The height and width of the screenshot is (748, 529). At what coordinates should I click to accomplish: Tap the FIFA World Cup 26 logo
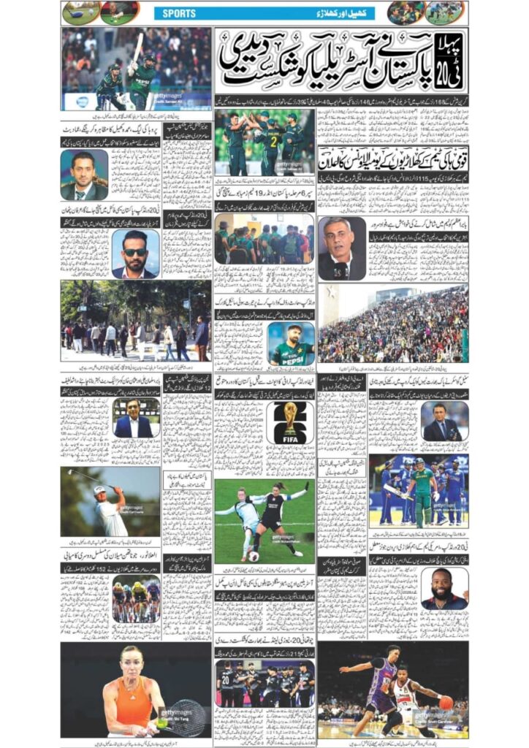pyautogui.click(x=291, y=422)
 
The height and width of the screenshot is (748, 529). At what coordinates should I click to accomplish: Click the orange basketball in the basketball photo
pyautogui.click(x=446, y=702)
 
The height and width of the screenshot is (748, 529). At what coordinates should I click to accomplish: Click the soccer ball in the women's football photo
pyautogui.click(x=254, y=556)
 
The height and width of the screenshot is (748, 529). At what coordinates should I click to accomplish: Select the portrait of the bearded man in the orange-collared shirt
pyautogui.click(x=444, y=588)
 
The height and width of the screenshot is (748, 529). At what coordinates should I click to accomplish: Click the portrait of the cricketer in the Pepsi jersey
pyautogui.click(x=291, y=343)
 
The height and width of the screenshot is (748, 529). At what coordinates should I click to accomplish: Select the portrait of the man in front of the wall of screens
pyautogui.click(x=136, y=418)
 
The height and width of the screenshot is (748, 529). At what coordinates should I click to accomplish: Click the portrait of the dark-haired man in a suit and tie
pyautogui.click(x=84, y=175)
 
